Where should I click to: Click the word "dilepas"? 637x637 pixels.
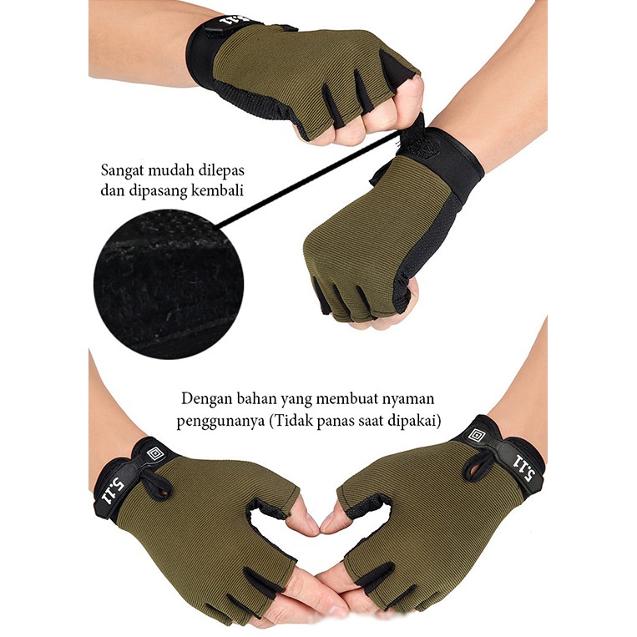221,170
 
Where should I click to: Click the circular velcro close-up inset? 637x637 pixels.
168,285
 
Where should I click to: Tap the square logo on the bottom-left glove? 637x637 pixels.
154,453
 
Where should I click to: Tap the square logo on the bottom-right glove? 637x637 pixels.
477,436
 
